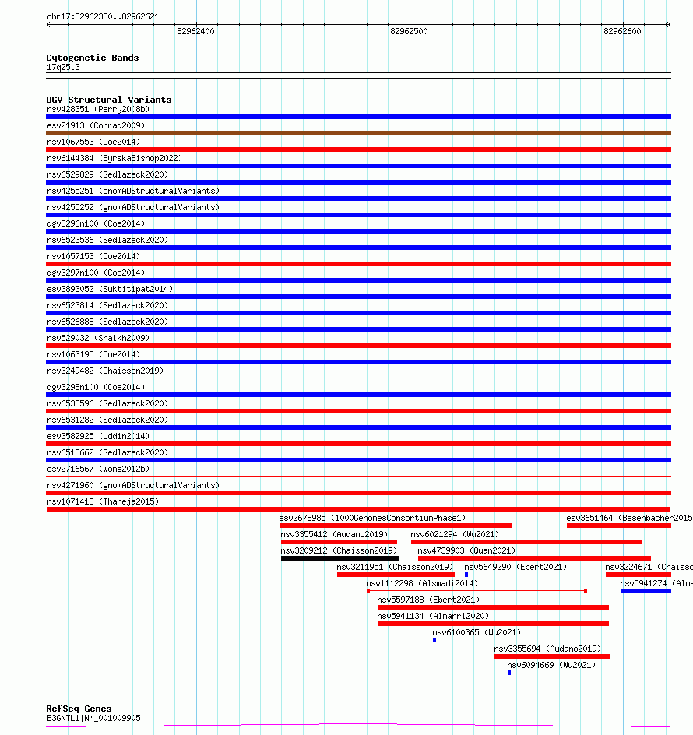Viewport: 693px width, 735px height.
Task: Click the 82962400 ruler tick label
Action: click(195, 31)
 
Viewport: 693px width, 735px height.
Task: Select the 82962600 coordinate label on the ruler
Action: click(622, 31)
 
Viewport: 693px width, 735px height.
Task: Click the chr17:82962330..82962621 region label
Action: click(103, 16)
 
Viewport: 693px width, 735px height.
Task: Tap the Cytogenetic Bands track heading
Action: click(93, 58)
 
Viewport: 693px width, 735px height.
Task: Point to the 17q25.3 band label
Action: click(63, 67)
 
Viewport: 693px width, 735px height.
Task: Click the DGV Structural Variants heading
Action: click(109, 100)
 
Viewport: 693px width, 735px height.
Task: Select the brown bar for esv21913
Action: click(358, 133)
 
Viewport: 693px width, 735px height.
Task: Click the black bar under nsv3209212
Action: click(339, 557)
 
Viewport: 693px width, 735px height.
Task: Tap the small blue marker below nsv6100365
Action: click(434, 640)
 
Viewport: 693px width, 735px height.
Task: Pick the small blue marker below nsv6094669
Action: click(509, 673)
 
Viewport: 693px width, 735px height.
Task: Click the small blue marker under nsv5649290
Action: click(466, 575)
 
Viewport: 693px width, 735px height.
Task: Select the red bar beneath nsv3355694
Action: click(552, 656)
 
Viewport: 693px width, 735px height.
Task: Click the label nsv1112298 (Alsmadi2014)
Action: click(422, 583)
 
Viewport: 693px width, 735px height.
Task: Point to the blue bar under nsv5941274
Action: click(646, 591)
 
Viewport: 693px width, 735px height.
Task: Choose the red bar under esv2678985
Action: click(396, 526)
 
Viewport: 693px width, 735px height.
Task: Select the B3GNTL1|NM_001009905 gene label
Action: click(93, 718)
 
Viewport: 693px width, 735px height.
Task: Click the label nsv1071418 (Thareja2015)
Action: click(103, 501)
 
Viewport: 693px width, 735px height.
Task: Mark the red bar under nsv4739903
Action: click(534, 557)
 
